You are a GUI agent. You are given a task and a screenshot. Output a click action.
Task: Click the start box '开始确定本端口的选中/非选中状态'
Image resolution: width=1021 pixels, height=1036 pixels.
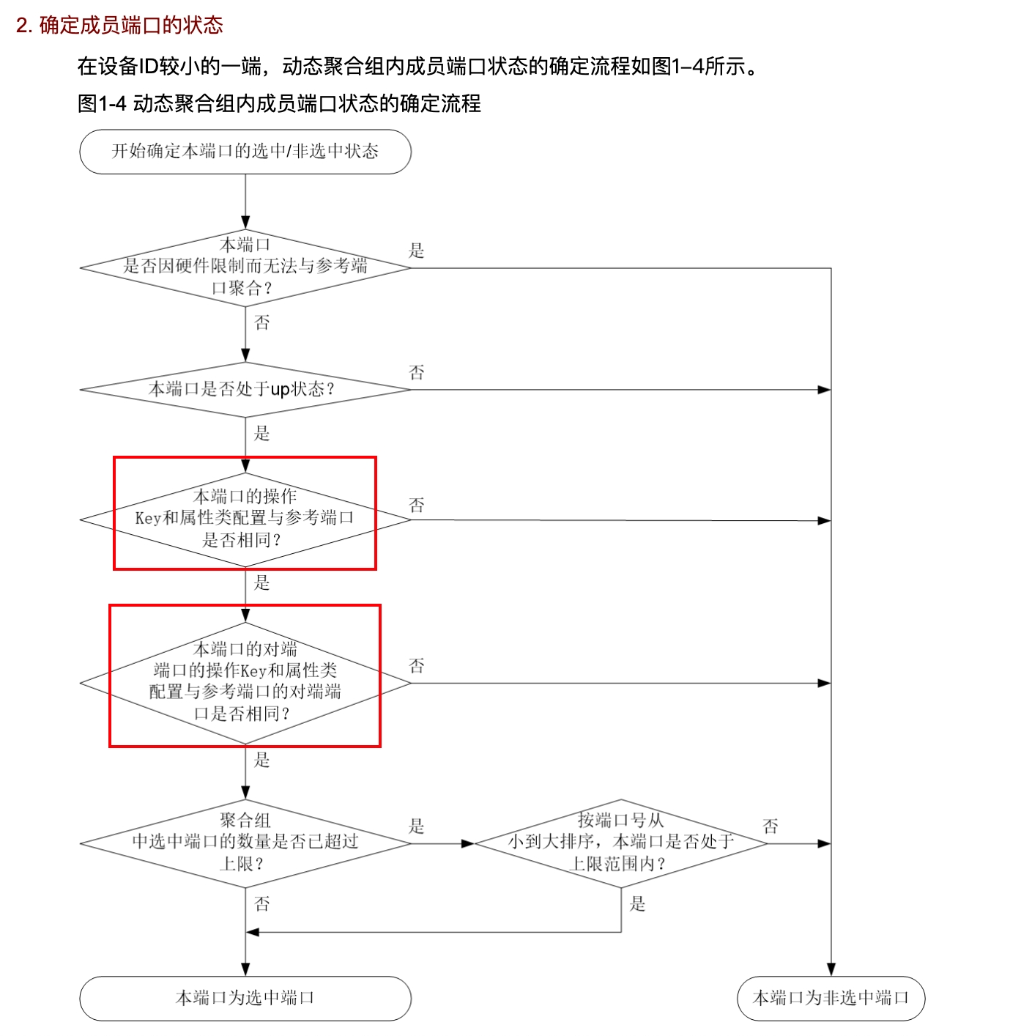(x=245, y=152)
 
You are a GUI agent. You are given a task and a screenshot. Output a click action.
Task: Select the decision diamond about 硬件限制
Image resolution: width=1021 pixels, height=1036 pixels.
(x=245, y=267)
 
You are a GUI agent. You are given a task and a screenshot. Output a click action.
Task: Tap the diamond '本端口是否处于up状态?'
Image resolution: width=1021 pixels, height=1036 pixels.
(x=245, y=389)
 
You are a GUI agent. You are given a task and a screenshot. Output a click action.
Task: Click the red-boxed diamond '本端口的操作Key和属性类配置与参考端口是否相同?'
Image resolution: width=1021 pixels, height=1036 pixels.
(x=245, y=519)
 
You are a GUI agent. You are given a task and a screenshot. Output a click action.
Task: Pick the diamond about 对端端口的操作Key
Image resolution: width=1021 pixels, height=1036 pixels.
(x=245, y=682)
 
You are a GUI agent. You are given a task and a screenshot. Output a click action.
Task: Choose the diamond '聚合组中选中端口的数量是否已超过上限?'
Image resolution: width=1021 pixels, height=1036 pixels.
(x=245, y=843)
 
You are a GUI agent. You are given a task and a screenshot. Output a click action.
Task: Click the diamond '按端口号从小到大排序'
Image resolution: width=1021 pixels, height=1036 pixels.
(x=621, y=843)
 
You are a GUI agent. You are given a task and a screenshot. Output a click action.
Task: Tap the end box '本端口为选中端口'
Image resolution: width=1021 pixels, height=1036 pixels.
(x=245, y=998)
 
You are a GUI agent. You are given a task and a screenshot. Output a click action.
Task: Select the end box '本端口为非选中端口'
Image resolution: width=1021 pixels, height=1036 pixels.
(x=831, y=998)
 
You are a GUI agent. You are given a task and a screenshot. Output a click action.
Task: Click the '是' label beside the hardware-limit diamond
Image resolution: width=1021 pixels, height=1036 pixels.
(x=417, y=251)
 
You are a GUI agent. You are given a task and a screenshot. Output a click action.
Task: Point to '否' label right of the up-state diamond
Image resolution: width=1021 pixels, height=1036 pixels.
(x=417, y=372)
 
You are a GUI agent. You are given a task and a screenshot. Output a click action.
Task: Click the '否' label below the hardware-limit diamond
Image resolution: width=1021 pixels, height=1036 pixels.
(x=262, y=322)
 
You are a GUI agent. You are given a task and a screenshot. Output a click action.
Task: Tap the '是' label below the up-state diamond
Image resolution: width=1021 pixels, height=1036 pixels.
(x=262, y=433)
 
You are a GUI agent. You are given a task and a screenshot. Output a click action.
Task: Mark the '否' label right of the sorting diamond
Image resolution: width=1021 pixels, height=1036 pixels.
(x=771, y=826)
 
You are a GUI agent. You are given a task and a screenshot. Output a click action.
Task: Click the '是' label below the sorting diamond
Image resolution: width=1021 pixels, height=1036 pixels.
(x=638, y=904)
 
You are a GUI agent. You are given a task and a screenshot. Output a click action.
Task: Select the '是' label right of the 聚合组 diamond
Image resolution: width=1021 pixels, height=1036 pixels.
(x=417, y=826)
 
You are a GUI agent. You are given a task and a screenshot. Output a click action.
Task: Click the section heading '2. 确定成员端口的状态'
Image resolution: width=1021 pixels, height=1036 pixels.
(x=119, y=25)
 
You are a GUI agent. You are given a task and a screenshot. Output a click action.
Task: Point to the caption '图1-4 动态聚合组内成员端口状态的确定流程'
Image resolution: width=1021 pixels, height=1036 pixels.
(x=279, y=103)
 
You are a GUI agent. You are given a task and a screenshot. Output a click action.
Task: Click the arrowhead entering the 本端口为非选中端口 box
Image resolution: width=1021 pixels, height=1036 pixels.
(x=831, y=969)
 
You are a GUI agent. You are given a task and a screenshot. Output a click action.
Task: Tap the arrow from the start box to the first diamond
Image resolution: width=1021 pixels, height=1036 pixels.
(x=245, y=201)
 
